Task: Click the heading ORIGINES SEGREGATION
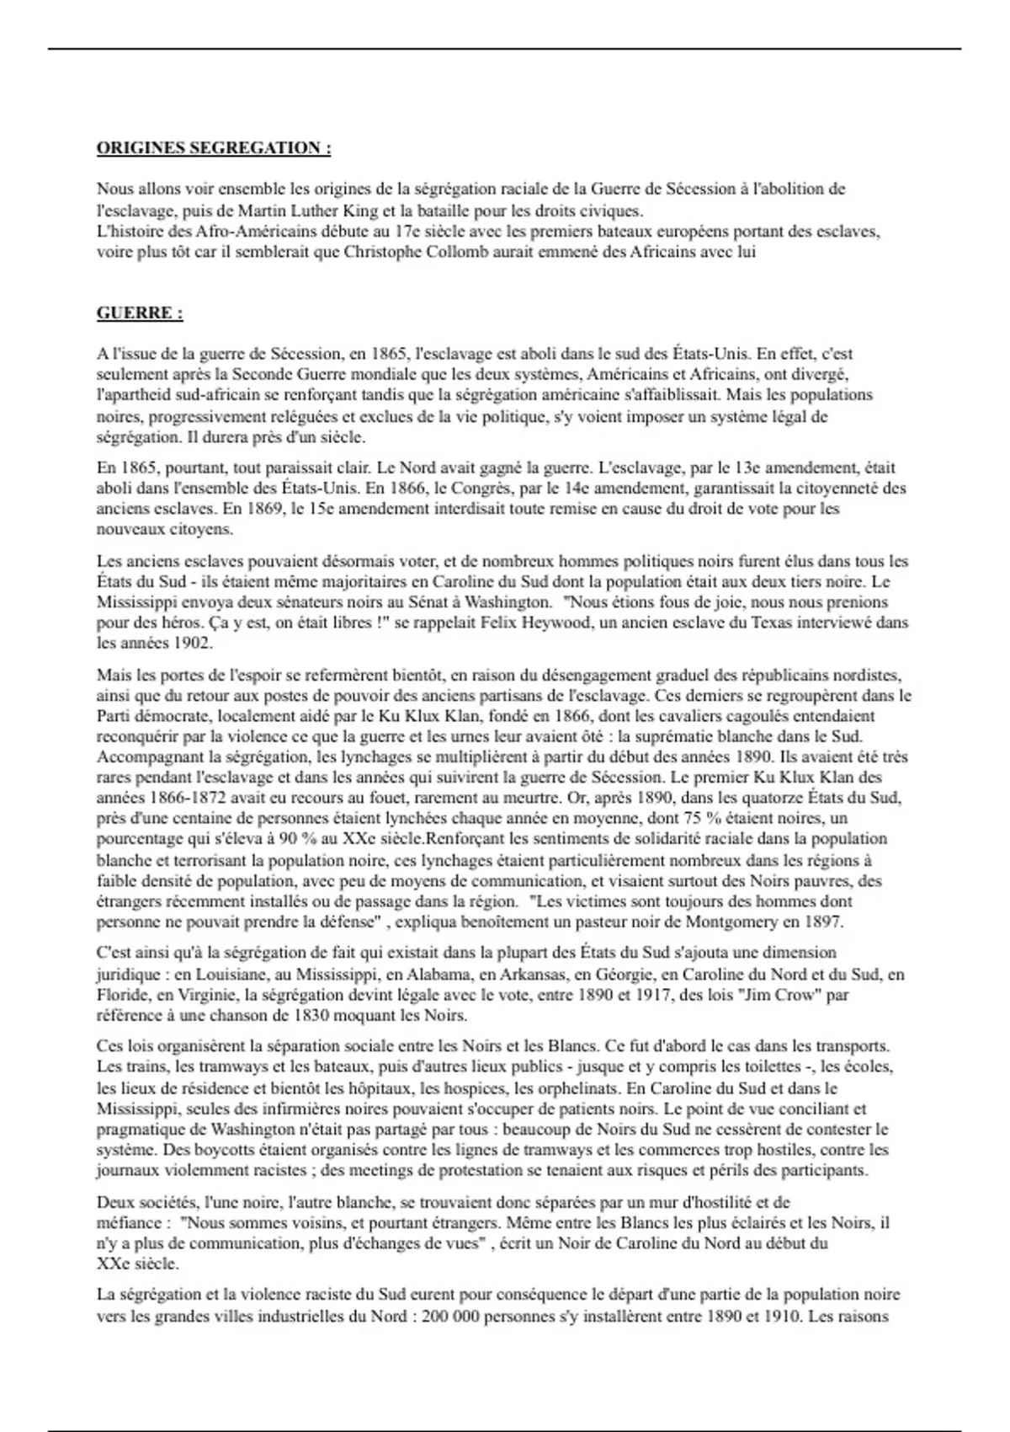214,148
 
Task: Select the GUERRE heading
140,313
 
